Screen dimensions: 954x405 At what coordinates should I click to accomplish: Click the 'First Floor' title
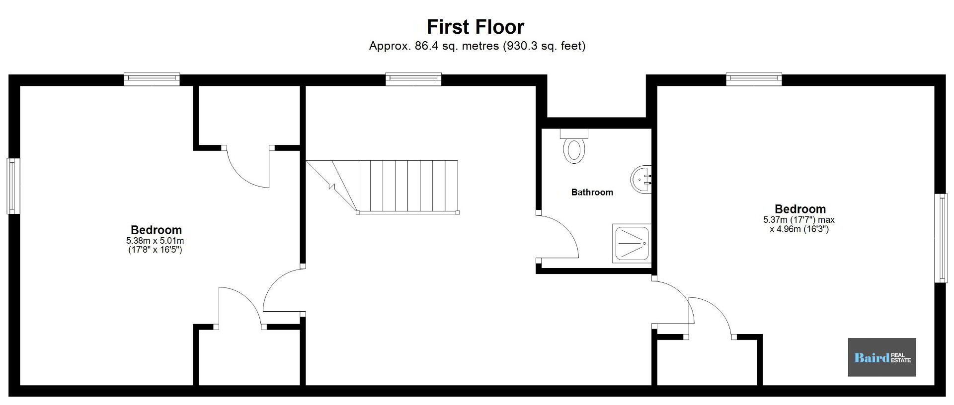[x=476, y=27]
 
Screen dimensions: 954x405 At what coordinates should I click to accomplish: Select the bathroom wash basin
[x=641, y=179]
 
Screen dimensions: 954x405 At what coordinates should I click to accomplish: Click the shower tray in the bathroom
[x=632, y=243]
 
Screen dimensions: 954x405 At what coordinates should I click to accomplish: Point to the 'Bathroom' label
[x=592, y=192]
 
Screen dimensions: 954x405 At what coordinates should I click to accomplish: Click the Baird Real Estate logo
[x=882, y=357]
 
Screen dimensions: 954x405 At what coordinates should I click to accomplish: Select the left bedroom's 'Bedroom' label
[x=156, y=230]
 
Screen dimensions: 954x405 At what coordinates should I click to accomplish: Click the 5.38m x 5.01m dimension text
[x=155, y=241]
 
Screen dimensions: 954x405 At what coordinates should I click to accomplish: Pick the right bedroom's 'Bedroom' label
[x=800, y=209]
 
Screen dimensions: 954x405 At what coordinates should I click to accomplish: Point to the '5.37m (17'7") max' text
[x=799, y=220]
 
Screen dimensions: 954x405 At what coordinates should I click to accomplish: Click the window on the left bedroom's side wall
[x=13, y=186]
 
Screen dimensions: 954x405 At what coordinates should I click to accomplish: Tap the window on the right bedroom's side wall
[x=941, y=238]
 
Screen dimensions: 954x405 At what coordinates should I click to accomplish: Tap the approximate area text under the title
[x=477, y=46]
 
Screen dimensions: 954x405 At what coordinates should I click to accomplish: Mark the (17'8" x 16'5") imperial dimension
[x=155, y=250]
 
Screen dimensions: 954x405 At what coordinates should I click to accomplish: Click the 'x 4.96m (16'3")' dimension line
[x=799, y=229]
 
